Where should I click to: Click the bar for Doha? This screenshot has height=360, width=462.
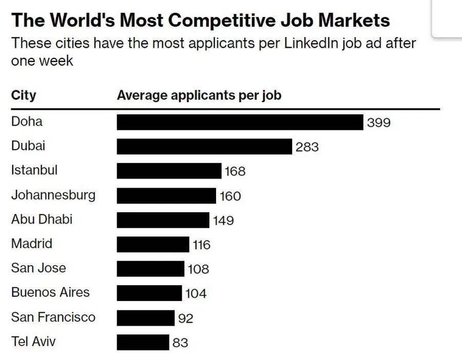(240, 123)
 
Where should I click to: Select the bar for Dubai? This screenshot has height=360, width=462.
(204, 147)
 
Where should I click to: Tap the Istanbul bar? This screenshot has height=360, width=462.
(169, 171)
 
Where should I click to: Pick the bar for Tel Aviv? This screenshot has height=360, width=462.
(143, 342)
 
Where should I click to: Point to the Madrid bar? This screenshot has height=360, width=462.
(153, 245)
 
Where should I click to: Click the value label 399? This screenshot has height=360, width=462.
(379, 123)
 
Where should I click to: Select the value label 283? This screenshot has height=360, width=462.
(307, 147)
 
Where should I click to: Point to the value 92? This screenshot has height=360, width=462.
(185, 318)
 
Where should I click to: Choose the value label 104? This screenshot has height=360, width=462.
(196, 294)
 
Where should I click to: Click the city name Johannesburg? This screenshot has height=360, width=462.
(53, 195)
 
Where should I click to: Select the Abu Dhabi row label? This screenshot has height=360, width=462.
(42, 219)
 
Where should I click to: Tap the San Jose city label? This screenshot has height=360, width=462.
(38, 268)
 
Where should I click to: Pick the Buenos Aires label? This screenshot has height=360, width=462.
(50, 292)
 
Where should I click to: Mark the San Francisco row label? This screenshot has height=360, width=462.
(53, 317)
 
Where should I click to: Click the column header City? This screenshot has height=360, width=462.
(24, 95)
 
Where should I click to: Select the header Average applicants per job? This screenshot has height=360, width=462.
(199, 95)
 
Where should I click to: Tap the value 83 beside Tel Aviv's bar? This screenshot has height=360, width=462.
(180, 343)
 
